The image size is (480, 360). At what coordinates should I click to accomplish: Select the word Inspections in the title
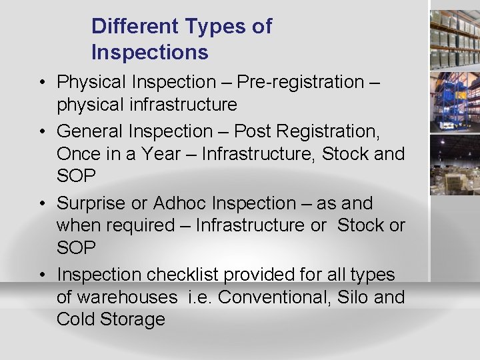(150, 52)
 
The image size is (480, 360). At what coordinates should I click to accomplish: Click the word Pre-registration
(299, 82)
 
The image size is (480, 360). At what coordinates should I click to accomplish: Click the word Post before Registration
(254, 131)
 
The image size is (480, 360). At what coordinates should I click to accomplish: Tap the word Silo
(351, 297)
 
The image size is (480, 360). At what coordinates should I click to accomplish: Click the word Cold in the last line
(75, 319)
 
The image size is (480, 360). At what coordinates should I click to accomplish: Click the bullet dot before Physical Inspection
(42, 83)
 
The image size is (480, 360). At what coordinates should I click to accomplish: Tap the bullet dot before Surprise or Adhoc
(42, 203)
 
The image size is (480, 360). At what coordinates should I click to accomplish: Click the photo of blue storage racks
(455, 100)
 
